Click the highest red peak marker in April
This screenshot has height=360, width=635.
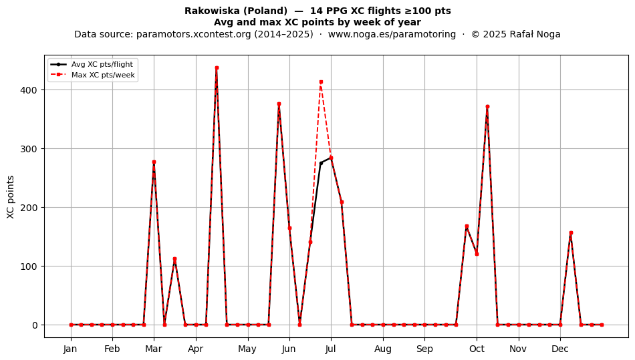tap(217, 68)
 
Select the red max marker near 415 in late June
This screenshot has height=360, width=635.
tap(321, 82)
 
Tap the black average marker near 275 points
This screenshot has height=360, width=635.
tap(321, 164)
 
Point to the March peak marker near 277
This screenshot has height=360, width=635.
tap(154, 162)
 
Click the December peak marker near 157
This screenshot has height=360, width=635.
tap(571, 233)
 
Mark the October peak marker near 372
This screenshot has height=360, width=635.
tap(487, 107)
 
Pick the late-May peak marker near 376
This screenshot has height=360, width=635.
tap(279, 104)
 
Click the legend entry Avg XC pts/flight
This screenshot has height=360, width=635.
tap(102, 64)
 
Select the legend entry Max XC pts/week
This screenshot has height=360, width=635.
tap(103, 75)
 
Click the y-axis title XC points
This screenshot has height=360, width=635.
tap(11, 197)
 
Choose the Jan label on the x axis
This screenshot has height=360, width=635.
tap(70, 349)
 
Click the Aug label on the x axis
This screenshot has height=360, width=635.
tap(383, 349)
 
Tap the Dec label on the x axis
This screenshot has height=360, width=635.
tap(561, 349)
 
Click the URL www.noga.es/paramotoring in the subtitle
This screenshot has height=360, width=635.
tap(392, 34)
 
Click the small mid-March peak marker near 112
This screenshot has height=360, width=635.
tap(174, 259)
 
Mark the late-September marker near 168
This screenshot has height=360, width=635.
tap(467, 226)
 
